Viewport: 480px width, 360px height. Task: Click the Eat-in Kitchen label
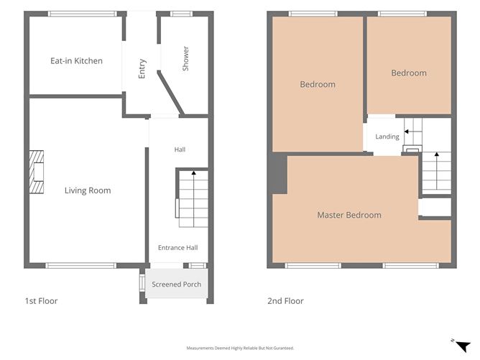77,61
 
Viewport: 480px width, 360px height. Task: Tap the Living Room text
88,190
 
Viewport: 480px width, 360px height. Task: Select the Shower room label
185,58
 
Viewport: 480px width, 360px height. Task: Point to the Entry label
142,68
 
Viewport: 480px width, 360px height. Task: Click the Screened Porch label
177,285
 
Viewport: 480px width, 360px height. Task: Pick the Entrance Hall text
178,248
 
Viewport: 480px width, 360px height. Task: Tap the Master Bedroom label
349,215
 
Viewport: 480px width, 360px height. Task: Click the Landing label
387,137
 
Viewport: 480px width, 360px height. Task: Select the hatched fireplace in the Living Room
37,172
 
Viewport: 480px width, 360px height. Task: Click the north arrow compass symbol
463,346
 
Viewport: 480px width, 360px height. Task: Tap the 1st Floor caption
42,301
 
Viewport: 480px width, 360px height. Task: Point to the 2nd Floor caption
285,301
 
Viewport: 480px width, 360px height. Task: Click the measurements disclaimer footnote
240,348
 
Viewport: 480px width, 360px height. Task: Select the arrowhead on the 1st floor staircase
193,173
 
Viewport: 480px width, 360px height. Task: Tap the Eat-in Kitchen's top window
82,14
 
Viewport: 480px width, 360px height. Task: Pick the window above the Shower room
182,14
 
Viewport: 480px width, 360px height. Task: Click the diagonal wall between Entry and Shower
170,93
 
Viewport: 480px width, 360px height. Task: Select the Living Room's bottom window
81,265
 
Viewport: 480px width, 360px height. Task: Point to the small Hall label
180,149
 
